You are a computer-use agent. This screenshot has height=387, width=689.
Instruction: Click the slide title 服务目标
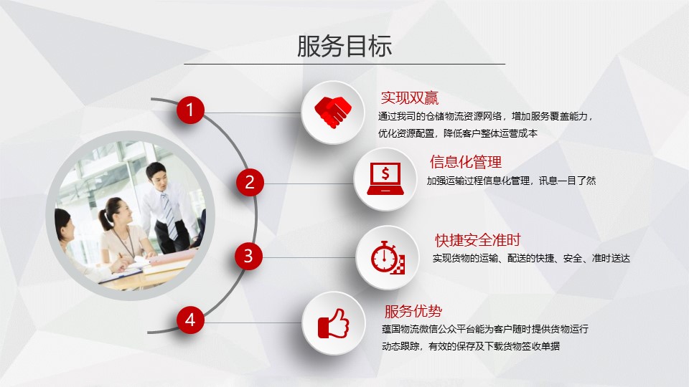tap(344, 46)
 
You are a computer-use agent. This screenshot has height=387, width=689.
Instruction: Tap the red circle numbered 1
tap(190, 110)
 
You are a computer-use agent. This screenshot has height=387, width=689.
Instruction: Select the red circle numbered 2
tap(250, 182)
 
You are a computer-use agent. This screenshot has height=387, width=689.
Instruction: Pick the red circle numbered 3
tap(248, 256)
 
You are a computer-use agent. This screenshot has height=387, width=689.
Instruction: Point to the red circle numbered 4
tap(190, 320)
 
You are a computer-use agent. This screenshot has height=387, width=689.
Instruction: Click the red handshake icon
tap(333, 112)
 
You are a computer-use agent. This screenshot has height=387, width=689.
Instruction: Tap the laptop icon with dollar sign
tap(385, 178)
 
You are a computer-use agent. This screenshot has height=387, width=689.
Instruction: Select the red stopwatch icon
tap(388, 257)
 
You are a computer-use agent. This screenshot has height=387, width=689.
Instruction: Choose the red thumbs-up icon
tap(334, 324)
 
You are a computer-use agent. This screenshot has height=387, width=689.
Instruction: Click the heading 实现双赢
tap(410, 98)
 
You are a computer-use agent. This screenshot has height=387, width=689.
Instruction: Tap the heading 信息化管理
tap(466, 162)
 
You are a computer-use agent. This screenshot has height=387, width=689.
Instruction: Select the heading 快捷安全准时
tap(478, 240)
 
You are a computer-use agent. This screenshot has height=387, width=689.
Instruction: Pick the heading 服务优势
tap(413, 311)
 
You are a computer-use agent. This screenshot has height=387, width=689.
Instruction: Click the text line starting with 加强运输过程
tap(511, 181)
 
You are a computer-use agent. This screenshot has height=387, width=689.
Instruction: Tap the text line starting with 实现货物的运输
tap(531, 259)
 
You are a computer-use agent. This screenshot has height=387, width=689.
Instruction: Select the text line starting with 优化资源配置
tap(458, 133)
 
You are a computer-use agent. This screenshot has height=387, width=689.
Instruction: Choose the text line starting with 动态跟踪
tap(471, 346)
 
